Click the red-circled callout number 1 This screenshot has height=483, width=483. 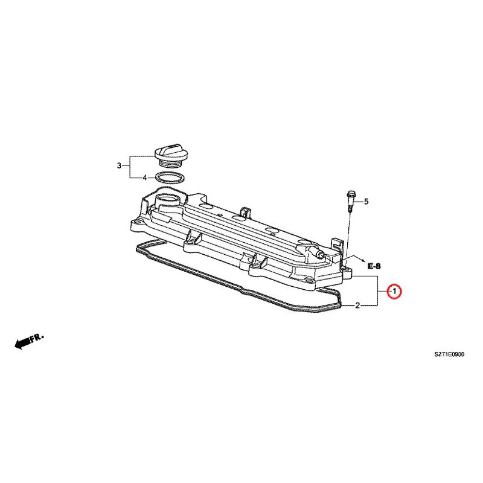(x=394, y=291)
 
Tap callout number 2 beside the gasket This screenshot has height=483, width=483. (x=357, y=305)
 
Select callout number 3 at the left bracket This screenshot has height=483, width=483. (x=119, y=165)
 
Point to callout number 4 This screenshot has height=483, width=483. (x=145, y=178)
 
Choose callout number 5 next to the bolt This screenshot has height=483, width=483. (x=366, y=202)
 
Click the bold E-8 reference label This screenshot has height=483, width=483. (x=374, y=266)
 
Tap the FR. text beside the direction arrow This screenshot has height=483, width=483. (x=37, y=337)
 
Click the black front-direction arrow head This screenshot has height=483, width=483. (x=19, y=345)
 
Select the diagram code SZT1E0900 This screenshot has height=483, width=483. (x=449, y=354)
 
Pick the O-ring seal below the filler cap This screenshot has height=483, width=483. (x=170, y=178)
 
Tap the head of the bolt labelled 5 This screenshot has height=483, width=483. (x=350, y=194)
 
